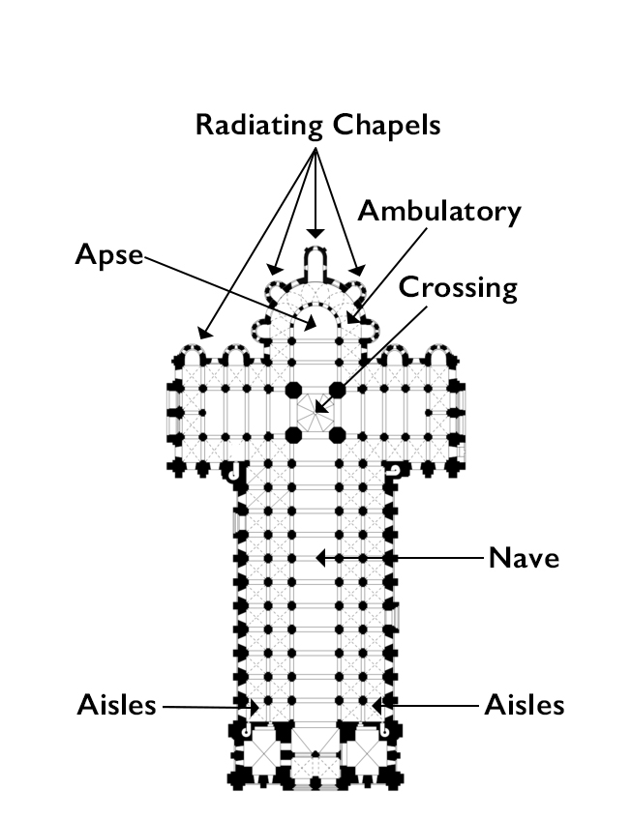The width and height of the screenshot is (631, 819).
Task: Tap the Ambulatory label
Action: tap(438, 212)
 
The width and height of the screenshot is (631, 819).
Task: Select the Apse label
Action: tap(108, 255)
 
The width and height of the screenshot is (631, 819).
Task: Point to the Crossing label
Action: tap(458, 287)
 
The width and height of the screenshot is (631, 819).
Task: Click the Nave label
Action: tap(524, 558)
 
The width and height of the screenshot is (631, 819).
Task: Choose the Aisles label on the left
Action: tap(116, 705)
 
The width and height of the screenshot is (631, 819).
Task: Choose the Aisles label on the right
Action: tap(524, 705)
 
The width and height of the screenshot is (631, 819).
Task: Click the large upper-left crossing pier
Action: tap(293, 390)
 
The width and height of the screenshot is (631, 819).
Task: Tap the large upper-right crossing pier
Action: tap(338, 390)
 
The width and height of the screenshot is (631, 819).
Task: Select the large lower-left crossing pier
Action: tap(293, 434)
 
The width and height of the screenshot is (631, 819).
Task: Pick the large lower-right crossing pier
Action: tap(338, 434)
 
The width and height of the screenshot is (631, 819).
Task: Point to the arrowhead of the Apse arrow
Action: tap(309, 325)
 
